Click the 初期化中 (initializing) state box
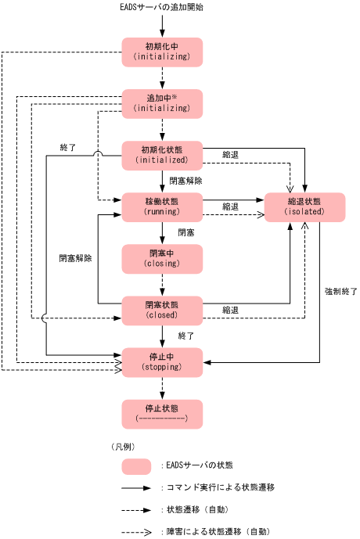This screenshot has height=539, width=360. point(162,52)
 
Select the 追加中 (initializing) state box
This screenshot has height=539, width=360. point(162,102)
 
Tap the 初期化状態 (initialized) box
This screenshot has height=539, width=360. point(162,154)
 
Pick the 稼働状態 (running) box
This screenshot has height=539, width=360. point(162,206)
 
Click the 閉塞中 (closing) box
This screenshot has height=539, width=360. point(162,257)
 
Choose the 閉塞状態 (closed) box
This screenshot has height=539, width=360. point(162,310)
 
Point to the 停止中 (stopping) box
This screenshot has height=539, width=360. point(162,361)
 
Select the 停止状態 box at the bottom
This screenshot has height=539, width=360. point(162,413)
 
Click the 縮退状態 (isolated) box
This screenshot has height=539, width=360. point(304,206)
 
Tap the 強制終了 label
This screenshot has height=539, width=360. point(341,291)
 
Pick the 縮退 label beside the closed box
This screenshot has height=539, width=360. point(230,310)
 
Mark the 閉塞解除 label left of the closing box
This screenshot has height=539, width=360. point(75,257)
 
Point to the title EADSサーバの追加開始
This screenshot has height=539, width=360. point(162,8)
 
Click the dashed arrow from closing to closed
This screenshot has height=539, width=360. point(162,283)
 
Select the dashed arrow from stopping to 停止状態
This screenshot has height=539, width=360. point(162,387)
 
